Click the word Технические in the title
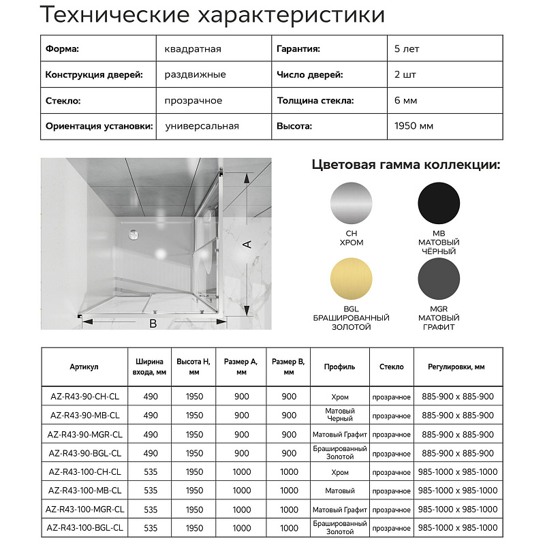[108, 14]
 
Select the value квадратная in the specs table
[193, 49]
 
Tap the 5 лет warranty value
[406, 49]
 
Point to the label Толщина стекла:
[315, 100]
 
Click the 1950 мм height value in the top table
[414, 126]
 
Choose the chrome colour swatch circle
[351, 202]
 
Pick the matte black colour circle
[439, 202]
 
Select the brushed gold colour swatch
[351, 281]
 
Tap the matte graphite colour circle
[439, 281]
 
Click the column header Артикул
[84, 367]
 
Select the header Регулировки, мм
[456, 367]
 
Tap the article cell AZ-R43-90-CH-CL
[85, 396]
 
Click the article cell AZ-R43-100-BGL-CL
[85, 528]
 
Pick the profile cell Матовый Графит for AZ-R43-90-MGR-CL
[340, 435]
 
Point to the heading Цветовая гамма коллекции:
[406, 165]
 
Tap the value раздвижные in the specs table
[195, 75]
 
